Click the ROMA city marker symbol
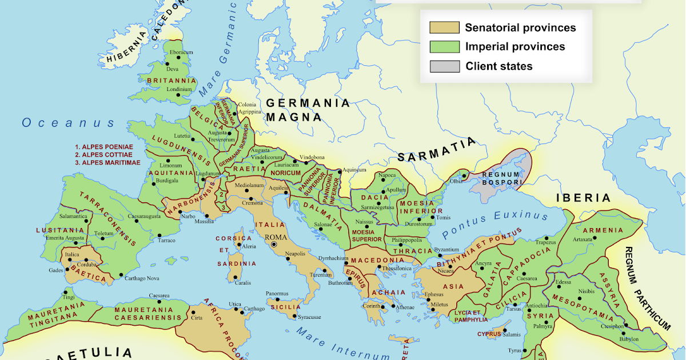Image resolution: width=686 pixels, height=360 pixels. tap(274, 245)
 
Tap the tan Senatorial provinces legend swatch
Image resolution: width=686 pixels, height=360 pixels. tap(444, 27)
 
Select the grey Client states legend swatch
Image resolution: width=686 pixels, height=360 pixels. tap(444, 66)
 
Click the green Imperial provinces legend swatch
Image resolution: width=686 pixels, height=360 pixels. tap(444, 47)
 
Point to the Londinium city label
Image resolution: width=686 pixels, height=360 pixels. tap(180, 89)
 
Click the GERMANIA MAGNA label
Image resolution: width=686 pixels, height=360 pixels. tap(307, 110)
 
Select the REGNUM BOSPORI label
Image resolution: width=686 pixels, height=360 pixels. tap(501, 178)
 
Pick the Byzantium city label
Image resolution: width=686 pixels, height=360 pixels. tap(447, 250)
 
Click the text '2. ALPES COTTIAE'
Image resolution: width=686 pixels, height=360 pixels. tap(103, 154)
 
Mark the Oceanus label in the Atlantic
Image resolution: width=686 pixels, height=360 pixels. tap(69, 123)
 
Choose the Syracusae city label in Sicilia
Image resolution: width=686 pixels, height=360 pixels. tap(309, 317)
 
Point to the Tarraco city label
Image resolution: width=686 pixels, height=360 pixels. tap(166, 241)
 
